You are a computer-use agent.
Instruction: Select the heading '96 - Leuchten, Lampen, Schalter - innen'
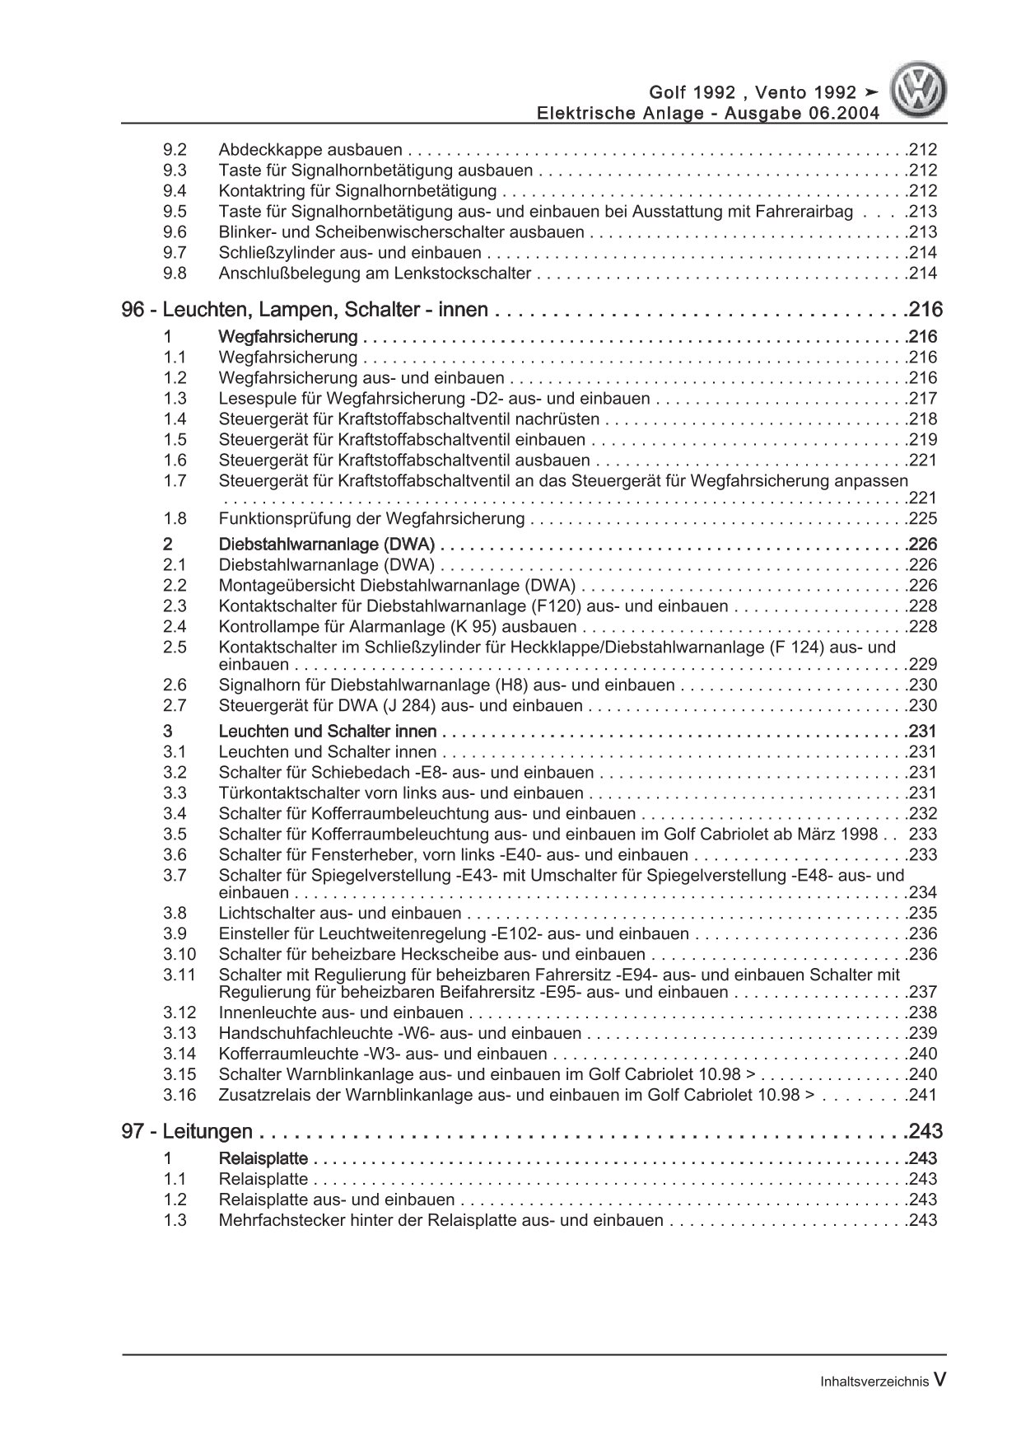click(305, 311)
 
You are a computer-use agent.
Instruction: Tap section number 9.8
click(175, 274)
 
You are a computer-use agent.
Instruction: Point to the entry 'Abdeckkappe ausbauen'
click(310, 150)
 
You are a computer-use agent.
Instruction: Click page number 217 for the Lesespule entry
click(922, 399)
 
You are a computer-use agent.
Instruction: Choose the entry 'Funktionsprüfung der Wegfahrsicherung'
click(371, 519)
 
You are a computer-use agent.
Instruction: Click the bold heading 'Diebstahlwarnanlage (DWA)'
click(327, 545)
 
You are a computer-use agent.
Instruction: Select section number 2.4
click(175, 627)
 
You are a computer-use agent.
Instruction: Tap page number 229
click(922, 665)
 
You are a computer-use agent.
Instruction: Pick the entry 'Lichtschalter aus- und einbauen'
click(340, 914)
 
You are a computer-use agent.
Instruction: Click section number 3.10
click(179, 955)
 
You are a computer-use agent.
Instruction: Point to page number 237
click(922, 993)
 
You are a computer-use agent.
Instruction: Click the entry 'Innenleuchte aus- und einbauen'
click(341, 1013)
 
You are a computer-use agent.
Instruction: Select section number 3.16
click(179, 1096)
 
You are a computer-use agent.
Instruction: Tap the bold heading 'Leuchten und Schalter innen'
click(328, 732)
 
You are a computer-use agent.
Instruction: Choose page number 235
click(922, 914)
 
